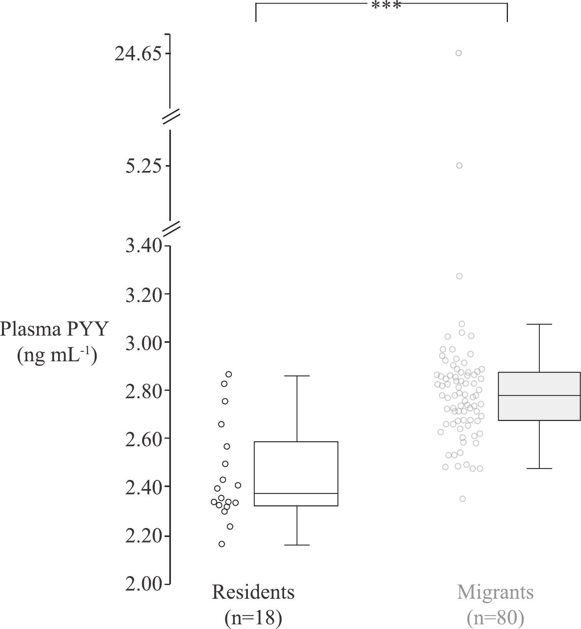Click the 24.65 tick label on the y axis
click(x=138, y=54)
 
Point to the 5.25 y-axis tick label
click(x=143, y=166)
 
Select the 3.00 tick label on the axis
click(x=143, y=343)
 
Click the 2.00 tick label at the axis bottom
click(x=143, y=584)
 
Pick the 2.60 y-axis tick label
click(x=143, y=439)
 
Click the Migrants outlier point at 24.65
click(x=458, y=53)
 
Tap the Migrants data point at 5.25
click(x=459, y=166)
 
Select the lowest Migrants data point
click(x=463, y=499)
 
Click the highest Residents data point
click(x=229, y=374)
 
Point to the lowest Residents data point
click(x=222, y=544)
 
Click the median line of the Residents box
click(x=296, y=493)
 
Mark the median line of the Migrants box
click(x=539, y=395)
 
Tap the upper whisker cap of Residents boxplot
click(x=297, y=376)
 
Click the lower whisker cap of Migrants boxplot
click(x=539, y=469)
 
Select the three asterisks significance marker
click(x=386, y=6)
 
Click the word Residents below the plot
click(x=253, y=592)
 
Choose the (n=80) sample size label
click(x=495, y=618)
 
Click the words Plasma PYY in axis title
click(x=54, y=329)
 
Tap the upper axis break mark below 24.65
click(x=171, y=116)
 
